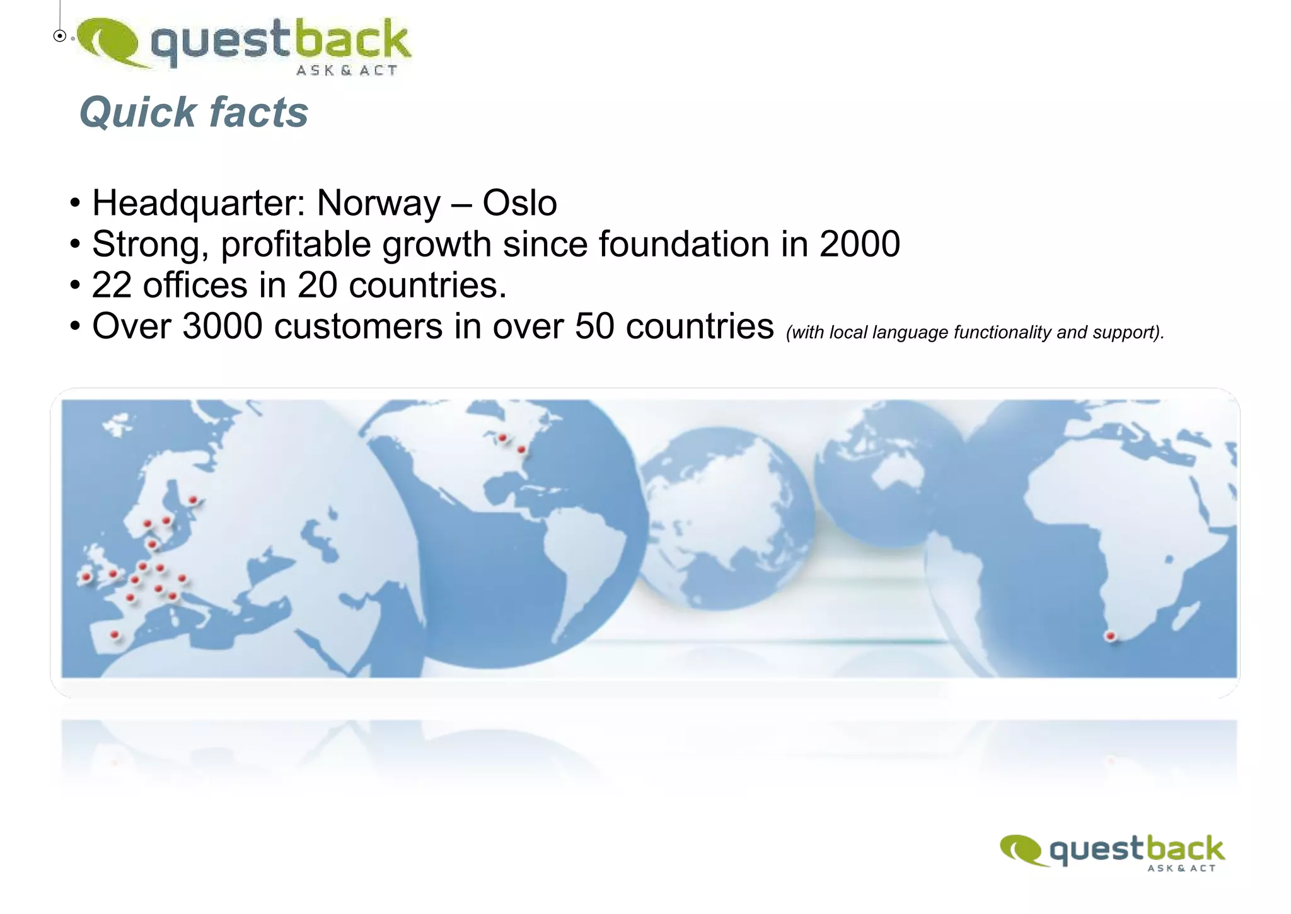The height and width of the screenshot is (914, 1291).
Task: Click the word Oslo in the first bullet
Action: (519, 203)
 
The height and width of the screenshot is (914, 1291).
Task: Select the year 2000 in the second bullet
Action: (859, 244)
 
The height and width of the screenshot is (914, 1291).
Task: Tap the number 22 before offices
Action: (112, 285)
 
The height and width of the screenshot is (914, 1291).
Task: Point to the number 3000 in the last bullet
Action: (222, 327)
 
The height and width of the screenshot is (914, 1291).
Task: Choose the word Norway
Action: (378, 203)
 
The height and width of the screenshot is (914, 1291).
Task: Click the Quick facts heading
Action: (194, 112)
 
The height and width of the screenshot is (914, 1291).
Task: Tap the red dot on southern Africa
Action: (1110, 636)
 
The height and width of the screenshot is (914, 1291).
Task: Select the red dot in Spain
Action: (115, 634)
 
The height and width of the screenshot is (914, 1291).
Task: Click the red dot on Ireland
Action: (86, 576)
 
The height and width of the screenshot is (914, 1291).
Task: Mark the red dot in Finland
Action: (193, 500)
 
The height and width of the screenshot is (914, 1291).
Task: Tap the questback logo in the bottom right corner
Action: (1113, 852)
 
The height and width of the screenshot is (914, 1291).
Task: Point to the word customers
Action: (358, 327)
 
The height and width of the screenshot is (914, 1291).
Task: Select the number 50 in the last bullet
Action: (594, 327)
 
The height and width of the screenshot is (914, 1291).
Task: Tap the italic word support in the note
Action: (1126, 332)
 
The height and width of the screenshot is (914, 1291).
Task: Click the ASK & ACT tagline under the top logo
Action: (347, 71)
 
